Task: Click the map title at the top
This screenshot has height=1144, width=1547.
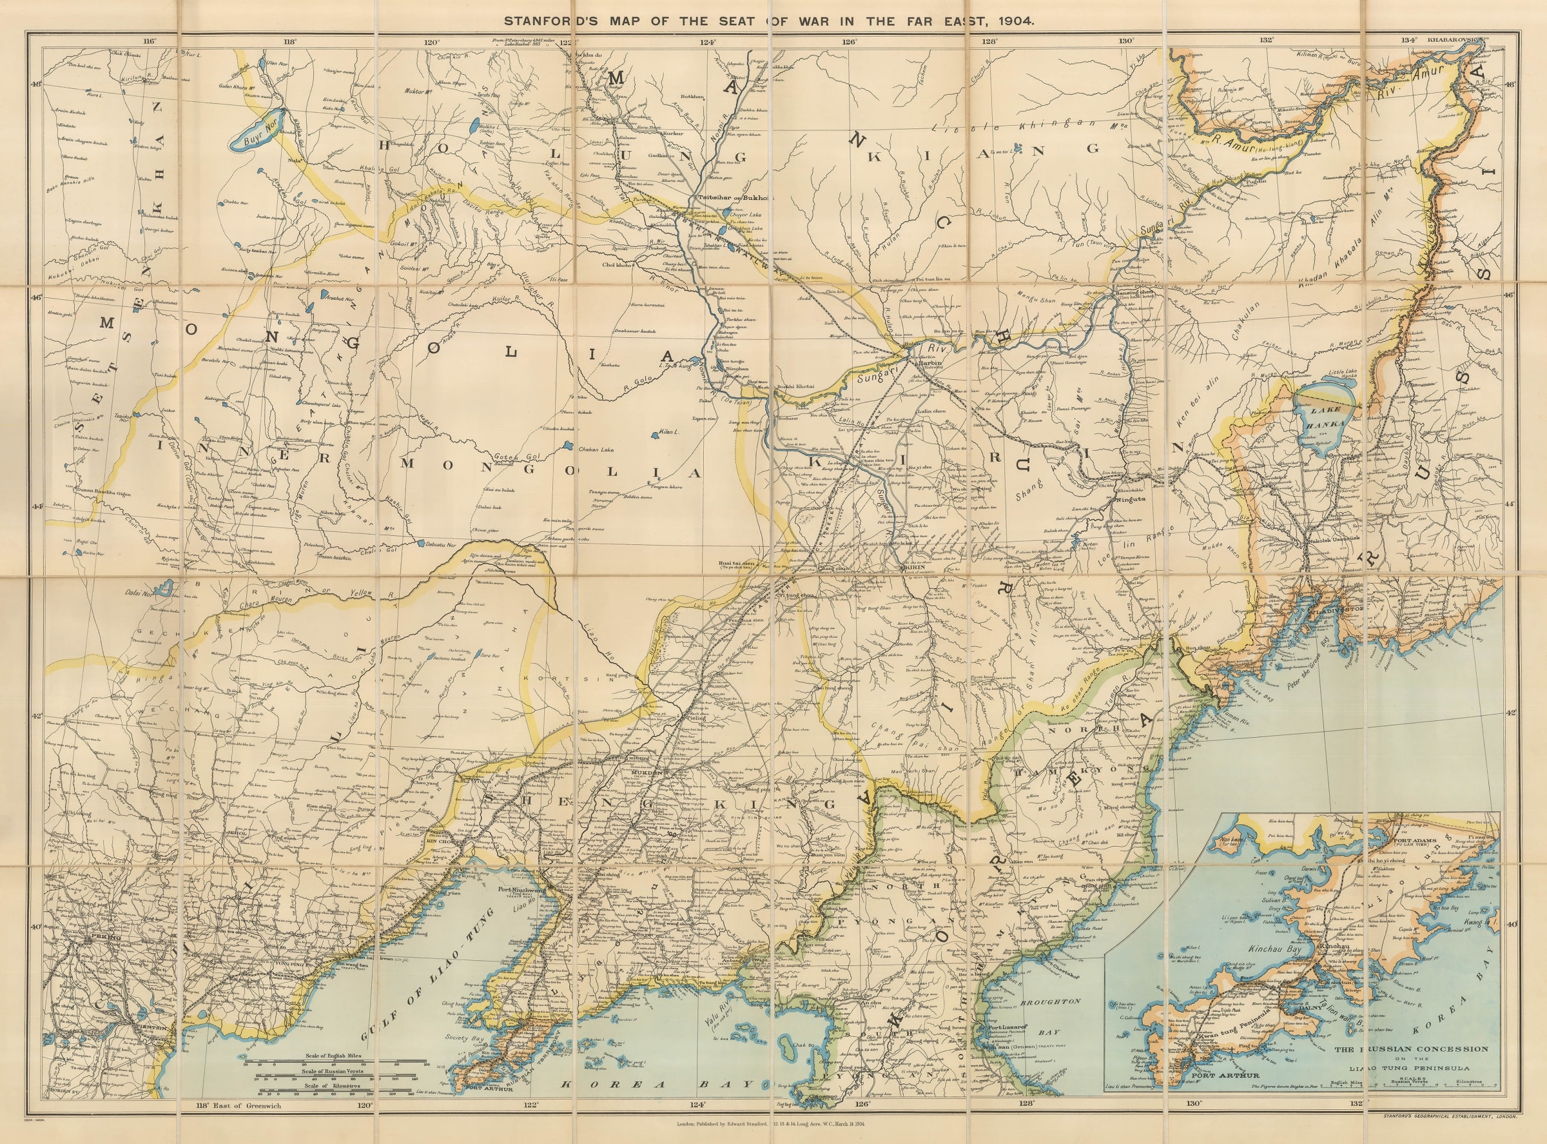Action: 773,21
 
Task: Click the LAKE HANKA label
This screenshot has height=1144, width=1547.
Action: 1325,423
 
